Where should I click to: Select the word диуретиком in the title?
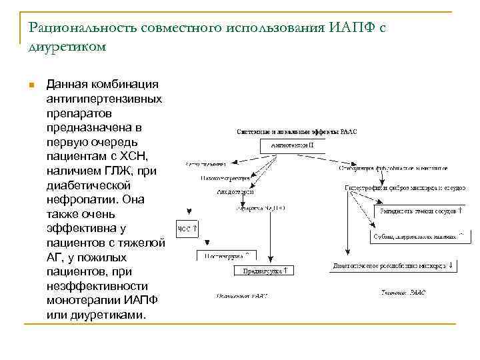tap(67, 47)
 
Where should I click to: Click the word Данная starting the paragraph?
tap(68, 84)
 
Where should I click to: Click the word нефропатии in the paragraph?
tap(80, 199)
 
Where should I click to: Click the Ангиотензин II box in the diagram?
tap(293, 144)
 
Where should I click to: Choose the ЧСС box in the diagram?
tap(186, 229)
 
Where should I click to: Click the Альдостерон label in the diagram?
tap(232, 191)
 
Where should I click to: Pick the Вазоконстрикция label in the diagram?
tap(225, 178)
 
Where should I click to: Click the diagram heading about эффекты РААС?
tap(297, 131)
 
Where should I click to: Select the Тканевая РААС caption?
tap(403, 292)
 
